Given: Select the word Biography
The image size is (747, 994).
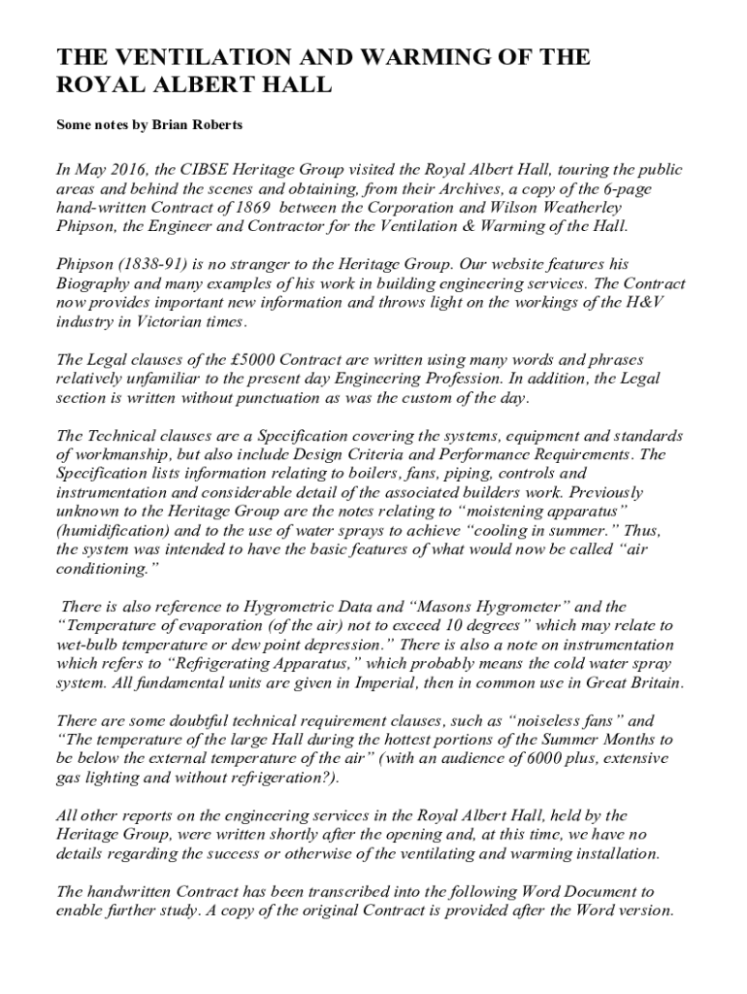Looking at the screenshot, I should coord(99,283).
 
